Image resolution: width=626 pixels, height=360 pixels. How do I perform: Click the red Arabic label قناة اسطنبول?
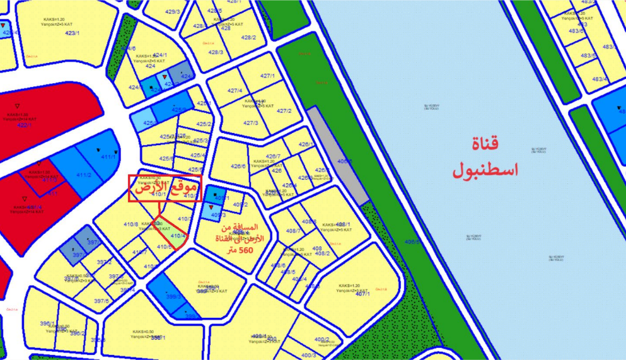[x=484, y=156]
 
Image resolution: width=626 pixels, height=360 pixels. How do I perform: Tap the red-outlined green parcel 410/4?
[x=176, y=236]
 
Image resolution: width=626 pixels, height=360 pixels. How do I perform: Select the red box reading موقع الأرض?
[x=164, y=188]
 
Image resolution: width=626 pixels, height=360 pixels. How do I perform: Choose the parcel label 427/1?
[x=269, y=76]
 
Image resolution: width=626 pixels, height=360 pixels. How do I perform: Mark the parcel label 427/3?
[x=251, y=122]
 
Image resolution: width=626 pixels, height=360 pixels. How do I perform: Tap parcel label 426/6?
[x=238, y=166]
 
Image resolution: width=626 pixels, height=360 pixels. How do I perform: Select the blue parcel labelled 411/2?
[x=84, y=175]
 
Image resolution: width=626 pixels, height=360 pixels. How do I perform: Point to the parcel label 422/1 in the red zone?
[x=24, y=125]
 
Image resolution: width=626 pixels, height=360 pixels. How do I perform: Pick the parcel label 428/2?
[x=248, y=38]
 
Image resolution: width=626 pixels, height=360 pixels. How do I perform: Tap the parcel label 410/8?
[x=130, y=224]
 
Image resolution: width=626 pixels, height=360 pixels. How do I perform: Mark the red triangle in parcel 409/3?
[x=211, y=207]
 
